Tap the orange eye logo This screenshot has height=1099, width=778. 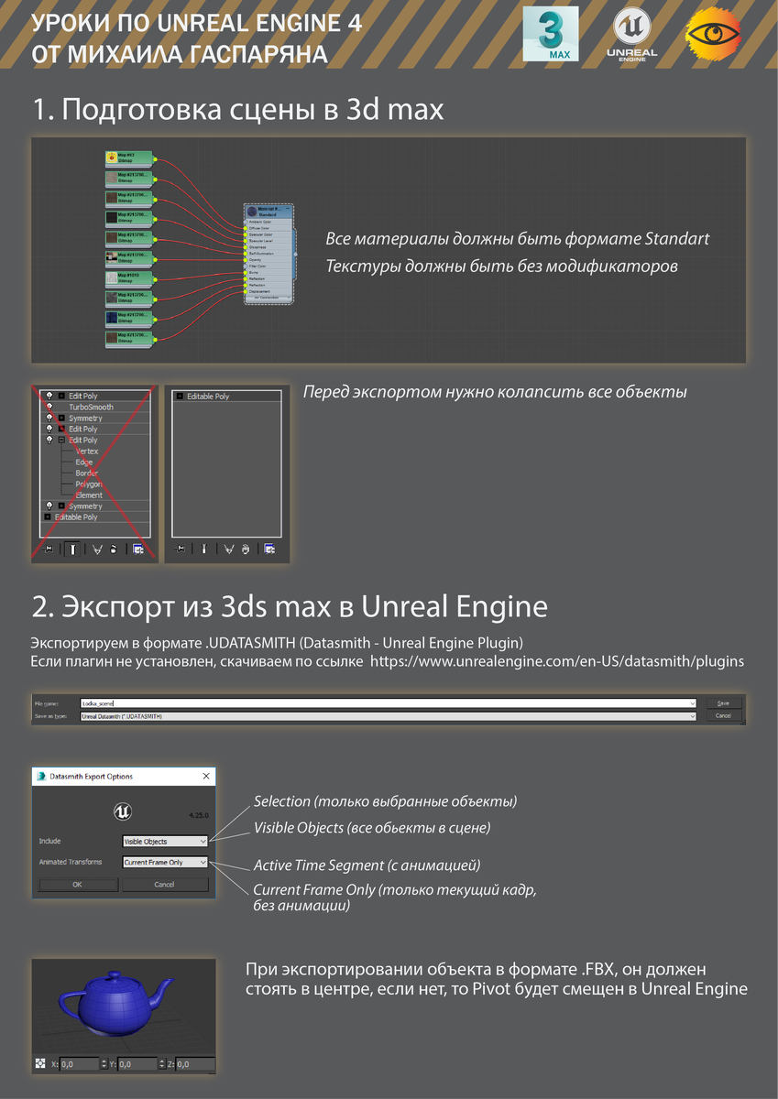(714, 36)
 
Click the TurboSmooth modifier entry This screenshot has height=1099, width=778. (91, 407)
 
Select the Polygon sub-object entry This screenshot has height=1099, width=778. (89, 484)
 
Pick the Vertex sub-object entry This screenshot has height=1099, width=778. (87, 451)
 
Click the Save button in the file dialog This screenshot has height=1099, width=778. (723, 702)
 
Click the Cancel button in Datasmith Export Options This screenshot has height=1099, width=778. (165, 885)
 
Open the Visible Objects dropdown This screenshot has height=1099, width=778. (166, 841)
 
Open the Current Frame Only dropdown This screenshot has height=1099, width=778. (166, 862)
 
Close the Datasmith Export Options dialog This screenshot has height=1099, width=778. (204, 777)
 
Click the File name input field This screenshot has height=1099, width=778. (385, 702)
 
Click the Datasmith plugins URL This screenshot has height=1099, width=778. (556, 660)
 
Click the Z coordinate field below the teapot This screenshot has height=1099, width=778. (194, 1064)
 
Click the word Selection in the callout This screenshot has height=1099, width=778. (281, 801)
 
